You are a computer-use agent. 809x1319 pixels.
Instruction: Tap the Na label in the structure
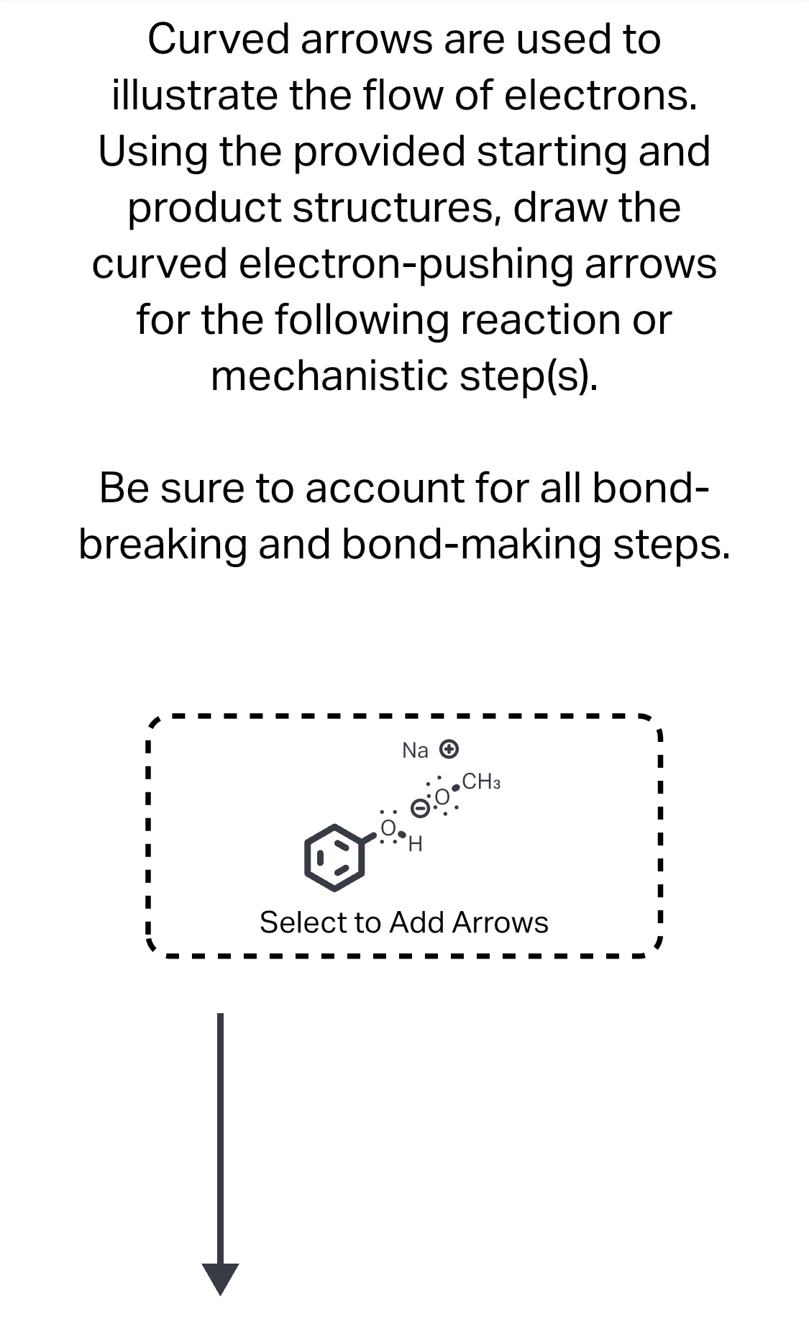click(x=415, y=751)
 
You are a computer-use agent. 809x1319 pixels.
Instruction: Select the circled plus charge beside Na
click(x=449, y=749)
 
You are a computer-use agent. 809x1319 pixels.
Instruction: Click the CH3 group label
click(x=481, y=781)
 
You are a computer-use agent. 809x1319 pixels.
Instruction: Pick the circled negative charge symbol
click(x=419, y=808)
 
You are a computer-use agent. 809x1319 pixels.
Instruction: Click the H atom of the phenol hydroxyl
click(x=415, y=844)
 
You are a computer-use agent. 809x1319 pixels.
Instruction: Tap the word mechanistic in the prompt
click(x=330, y=376)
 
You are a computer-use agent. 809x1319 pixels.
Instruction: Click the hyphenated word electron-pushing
click(x=405, y=263)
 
